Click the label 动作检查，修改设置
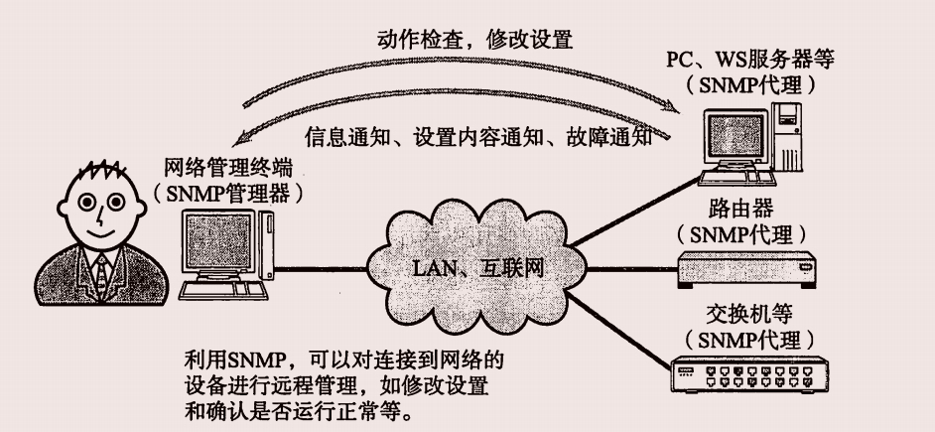pyautogui.click(x=473, y=43)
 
